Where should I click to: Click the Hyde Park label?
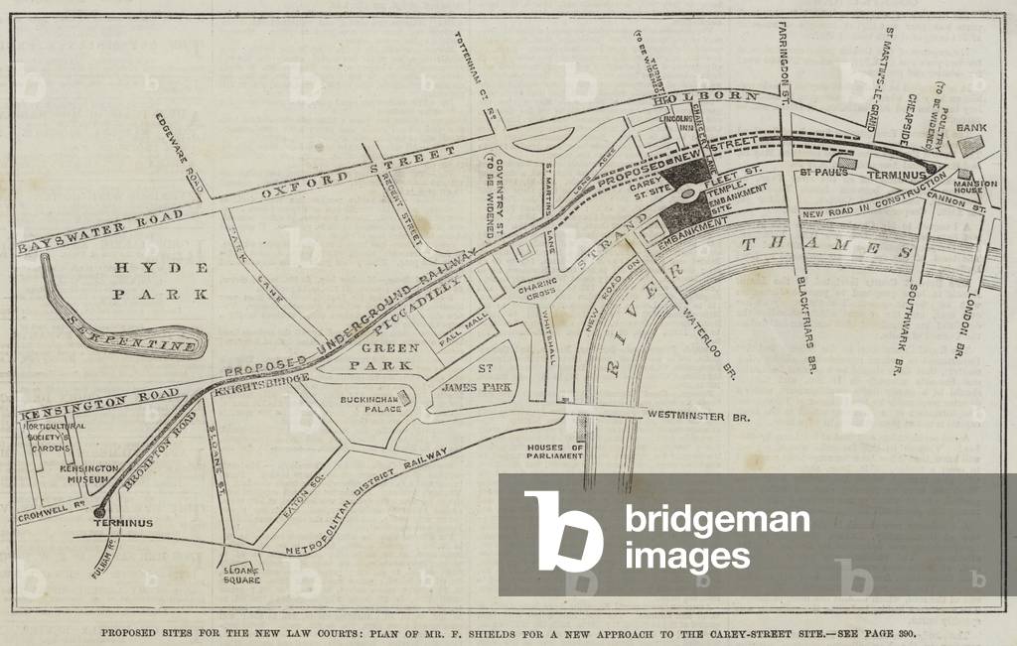point(161,281)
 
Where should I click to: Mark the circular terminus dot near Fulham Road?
point(100,512)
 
